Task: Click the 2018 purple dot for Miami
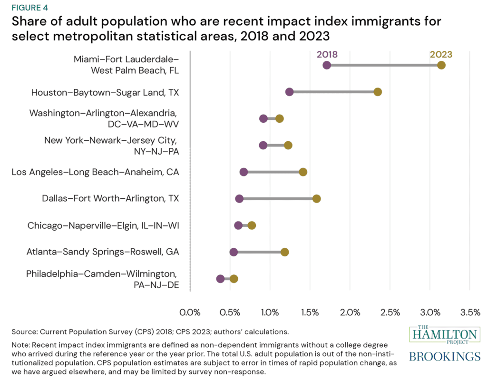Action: pyautogui.click(x=327, y=65)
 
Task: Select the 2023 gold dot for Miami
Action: pyautogui.click(x=441, y=65)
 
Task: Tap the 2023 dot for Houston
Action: pyautogui.click(x=378, y=92)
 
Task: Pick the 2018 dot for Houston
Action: pyautogui.click(x=289, y=92)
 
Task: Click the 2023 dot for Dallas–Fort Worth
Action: pyautogui.click(x=317, y=198)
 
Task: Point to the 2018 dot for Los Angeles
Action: pyautogui.click(x=243, y=172)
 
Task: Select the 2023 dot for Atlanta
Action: pyautogui.click(x=284, y=252)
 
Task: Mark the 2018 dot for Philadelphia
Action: pyautogui.click(x=220, y=279)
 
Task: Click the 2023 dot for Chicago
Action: pyautogui.click(x=252, y=225)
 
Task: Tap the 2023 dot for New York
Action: pyautogui.click(x=288, y=145)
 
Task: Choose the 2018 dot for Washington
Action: pyautogui.click(x=263, y=118)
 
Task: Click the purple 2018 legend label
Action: pyautogui.click(x=327, y=54)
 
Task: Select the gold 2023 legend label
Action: pyautogui.click(x=441, y=54)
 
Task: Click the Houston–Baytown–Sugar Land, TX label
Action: pyautogui.click(x=105, y=92)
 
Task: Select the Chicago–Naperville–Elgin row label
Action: pyautogui.click(x=103, y=225)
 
